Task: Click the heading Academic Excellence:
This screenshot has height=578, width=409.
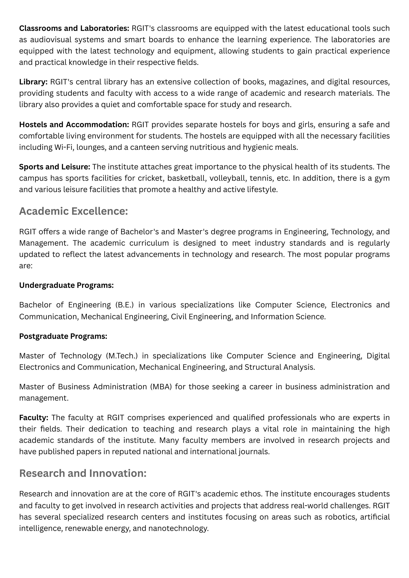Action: tap(73, 211)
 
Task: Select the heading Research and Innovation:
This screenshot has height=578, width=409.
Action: tap(83, 473)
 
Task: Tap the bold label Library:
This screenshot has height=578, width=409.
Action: tap(33, 82)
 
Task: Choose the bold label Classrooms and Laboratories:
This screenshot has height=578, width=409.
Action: tap(74, 28)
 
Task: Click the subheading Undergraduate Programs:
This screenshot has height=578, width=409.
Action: tap(67, 285)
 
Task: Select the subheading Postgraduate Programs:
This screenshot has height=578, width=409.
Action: tap(63, 336)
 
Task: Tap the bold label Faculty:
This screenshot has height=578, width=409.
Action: tap(34, 418)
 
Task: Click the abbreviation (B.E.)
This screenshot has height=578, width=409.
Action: tap(124, 305)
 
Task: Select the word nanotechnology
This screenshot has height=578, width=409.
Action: tap(178, 528)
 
